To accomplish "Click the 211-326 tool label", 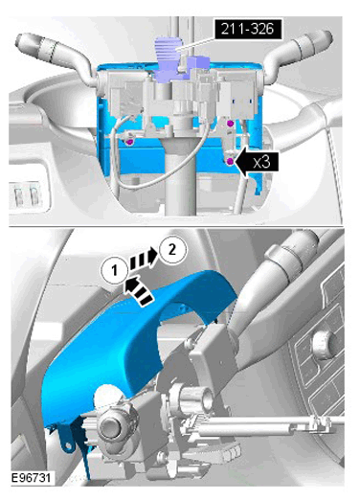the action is point(248,29).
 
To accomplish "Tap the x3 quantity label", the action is point(261,162).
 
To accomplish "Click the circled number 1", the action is point(115,271).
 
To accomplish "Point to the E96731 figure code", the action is point(31,478).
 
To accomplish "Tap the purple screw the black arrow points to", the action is point(230,162).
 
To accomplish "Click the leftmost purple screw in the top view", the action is point(129,142).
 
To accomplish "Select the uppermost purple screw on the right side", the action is point(230,124).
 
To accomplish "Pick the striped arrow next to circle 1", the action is point(138,290).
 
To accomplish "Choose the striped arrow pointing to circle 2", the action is point(144,260).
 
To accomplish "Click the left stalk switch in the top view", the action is point(56,55).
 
